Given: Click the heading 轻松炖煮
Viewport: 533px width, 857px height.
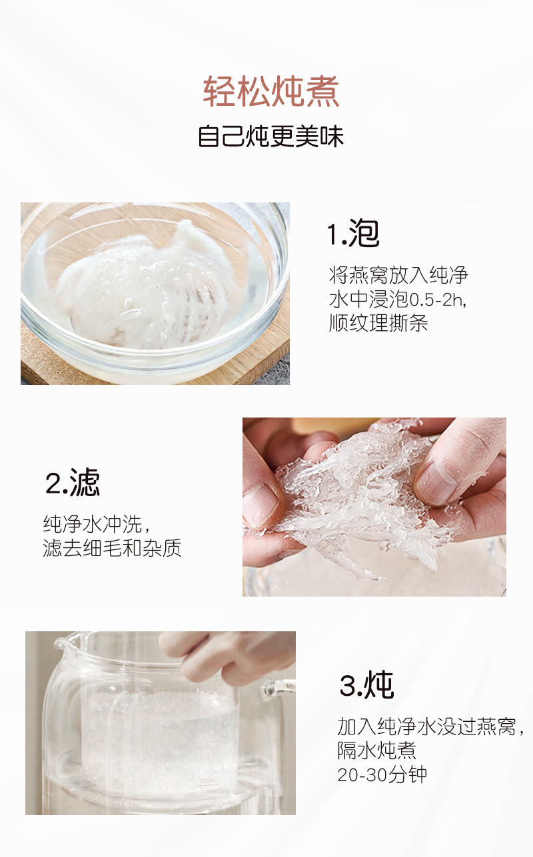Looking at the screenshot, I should click(x=271, y=92).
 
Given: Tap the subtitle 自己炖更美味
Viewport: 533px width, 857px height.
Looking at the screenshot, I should click(x=270, y=136).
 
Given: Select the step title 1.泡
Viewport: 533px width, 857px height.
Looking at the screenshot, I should click(x=353, y=234).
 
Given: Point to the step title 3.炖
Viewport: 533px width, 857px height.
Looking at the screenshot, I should click(x=366, y=685).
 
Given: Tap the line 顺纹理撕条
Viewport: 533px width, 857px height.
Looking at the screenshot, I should click(x=378, y=323).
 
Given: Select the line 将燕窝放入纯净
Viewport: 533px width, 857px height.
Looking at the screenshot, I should click(x=398, y=275).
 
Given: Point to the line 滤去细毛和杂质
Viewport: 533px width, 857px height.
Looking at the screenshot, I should click(x=112, y=548).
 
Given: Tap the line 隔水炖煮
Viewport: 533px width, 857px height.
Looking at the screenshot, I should click(x=376, y=750).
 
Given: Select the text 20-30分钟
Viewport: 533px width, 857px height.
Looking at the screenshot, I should click(x=382, y=774).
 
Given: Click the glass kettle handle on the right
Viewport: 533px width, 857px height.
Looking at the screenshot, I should click(x=278, y=689).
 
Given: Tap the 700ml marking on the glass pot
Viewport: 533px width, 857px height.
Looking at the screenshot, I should click(x=207, y=780).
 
